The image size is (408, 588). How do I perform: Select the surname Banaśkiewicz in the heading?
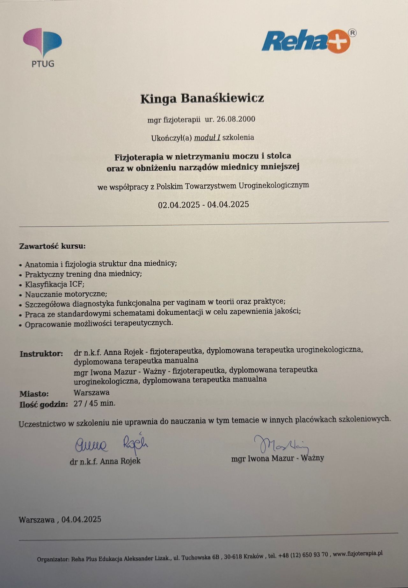click(x=222, y=98)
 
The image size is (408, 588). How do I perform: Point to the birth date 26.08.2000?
click(x=236, y=119)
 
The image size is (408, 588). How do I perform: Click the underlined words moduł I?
click(x=207, y=138)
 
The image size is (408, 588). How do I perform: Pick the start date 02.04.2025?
click(x=179, y=205)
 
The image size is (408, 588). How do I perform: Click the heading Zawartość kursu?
click(x=53, y=246)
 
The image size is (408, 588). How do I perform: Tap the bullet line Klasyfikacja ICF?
click(x=55, y=284)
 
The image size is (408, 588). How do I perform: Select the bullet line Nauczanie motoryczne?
click(x=66, y=294)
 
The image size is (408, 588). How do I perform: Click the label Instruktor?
click(x=41, y=354)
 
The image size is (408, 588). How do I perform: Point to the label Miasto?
click(x=34, y=394)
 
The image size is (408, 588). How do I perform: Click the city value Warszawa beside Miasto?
click(x=91, y=392)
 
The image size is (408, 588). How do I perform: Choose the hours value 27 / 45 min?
click(x=94, y=403)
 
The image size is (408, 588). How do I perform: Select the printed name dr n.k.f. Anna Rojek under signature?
click(x=105, y=461)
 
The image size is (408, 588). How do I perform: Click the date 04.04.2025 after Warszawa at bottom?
click(x=82, y=520)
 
